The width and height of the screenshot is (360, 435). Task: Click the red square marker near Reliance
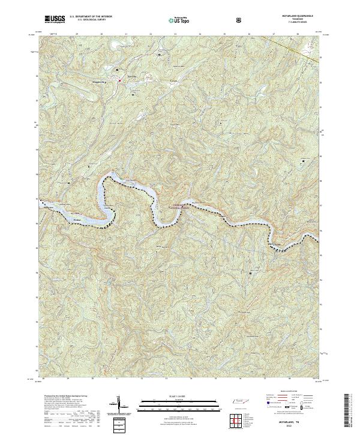pos(119,80)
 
